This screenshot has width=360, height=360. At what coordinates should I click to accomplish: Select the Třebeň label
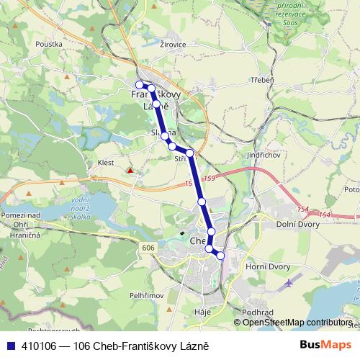pos(261,80)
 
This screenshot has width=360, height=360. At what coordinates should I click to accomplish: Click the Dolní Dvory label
pos(298,225)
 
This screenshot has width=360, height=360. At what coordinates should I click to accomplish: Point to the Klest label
pos(106,163)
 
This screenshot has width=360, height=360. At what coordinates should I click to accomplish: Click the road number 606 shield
pos(147,246)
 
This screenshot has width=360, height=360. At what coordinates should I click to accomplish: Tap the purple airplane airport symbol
pos(290,282)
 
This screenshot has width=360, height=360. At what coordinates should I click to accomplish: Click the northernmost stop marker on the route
pos(140,85)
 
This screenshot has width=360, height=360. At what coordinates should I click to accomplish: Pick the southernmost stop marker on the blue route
pos(220,256)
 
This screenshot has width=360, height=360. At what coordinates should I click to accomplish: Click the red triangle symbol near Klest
pos(130,171)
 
